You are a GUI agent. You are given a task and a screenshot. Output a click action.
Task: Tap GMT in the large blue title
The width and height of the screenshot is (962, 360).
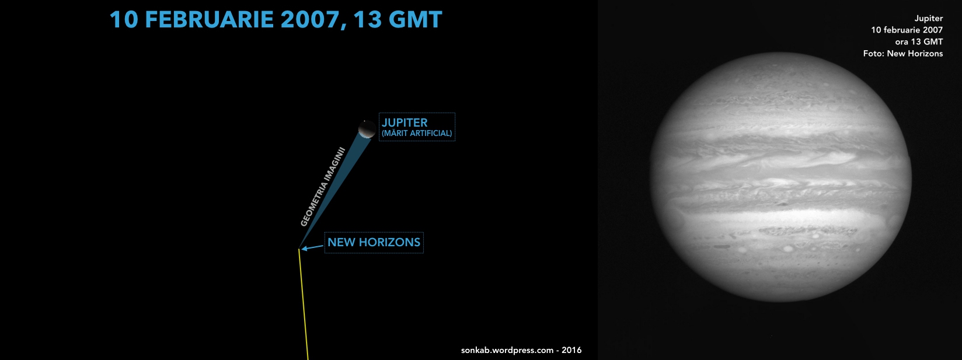[x=415, y=20]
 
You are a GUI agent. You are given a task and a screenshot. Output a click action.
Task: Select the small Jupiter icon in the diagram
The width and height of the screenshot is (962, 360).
[x=367, y=129]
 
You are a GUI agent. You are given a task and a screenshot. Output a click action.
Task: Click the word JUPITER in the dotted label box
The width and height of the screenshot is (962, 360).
[x=405, y=123]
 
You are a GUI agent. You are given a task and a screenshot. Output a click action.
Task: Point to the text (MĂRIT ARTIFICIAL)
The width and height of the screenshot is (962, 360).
[x=417, y=134]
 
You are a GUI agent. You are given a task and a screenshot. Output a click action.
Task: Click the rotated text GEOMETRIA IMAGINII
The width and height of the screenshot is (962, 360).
[x=323, y=187]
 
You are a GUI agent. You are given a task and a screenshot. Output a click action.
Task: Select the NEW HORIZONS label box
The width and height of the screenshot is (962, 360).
[x=374, y=243]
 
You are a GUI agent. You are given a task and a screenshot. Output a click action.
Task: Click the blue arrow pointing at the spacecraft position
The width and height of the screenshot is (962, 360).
[x=312, y=247]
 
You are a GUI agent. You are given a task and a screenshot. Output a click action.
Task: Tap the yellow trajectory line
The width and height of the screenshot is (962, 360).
[x=303, y=304]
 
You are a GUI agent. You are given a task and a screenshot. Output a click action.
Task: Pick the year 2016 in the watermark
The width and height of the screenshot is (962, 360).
[x=571, y=350]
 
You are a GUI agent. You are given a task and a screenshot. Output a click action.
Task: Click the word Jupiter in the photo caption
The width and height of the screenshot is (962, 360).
[x=929, y=19]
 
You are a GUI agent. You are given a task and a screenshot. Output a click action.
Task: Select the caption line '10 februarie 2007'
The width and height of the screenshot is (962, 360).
[x=907, y=30]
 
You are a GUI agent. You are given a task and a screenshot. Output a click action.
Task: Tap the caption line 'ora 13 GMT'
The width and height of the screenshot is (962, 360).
[x=919, y=42]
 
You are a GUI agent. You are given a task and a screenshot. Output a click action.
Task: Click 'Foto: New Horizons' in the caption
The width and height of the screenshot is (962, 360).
[x=903, y=54]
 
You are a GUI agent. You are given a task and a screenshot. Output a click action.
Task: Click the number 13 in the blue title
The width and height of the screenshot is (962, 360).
[x=368, y=20]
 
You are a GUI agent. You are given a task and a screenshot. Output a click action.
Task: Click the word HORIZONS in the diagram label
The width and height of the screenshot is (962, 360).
[x=389, y=243]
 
